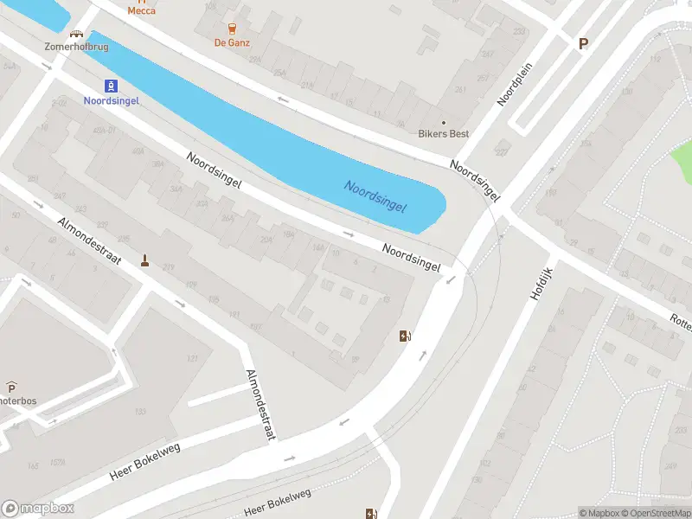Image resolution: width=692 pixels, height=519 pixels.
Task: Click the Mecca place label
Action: point(142,11)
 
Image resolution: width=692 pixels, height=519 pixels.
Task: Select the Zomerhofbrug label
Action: point(77,46)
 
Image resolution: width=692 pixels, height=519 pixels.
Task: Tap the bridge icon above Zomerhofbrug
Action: point(77,35)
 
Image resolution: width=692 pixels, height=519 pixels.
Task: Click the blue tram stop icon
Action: point(111,85)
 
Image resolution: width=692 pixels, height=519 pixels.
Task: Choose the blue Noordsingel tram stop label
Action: point(111,99)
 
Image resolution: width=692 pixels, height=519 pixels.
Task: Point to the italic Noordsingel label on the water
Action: point(375,198)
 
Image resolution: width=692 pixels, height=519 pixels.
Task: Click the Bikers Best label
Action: point(444,134)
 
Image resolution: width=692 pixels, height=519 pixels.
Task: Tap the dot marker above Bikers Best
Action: point(444,123)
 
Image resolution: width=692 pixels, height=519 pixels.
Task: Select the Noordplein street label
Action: point(513,86)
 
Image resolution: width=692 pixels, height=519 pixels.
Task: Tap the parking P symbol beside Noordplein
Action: point(583,43)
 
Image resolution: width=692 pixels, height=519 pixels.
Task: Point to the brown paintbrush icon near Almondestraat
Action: point(144,259)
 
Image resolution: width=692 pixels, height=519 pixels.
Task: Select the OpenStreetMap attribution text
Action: point(655,513)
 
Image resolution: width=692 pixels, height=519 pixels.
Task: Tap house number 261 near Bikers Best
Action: point(459,90)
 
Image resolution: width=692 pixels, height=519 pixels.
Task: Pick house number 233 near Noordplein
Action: point(518,31)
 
